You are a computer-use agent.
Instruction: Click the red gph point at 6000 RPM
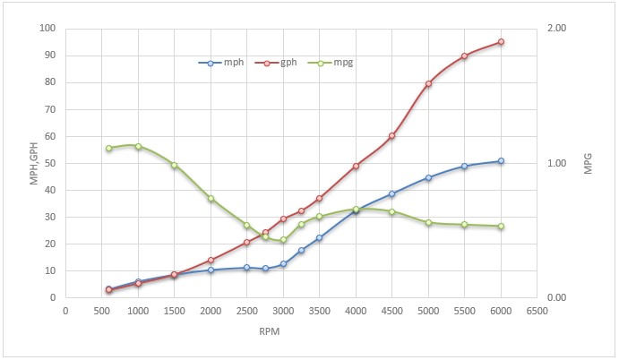click(x=501, y=42)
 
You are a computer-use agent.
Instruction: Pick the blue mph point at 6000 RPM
click(x=501, y=161)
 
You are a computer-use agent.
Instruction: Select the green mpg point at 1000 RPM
click(x=138, y=146)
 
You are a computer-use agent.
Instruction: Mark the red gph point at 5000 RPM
click(x=428, y=83)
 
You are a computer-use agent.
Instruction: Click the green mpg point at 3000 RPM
click(x=283, y=240)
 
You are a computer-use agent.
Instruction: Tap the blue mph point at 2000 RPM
click(x=211, y=270)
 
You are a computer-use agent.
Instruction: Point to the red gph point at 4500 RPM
click(x=391, y=136)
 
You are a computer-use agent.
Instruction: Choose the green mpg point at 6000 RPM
click(x=501, y=226)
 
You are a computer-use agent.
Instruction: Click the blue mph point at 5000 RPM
click(x=428, y=177)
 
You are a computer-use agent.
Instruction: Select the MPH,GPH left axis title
click(x=34, y=164)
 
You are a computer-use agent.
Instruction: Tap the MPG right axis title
click(x=589, y=164)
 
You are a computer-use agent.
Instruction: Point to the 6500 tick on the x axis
click(x=537, y=311)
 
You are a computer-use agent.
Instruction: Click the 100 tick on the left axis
click(x=47, y=29)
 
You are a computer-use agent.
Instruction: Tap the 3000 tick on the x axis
click(x=283, y=311)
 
